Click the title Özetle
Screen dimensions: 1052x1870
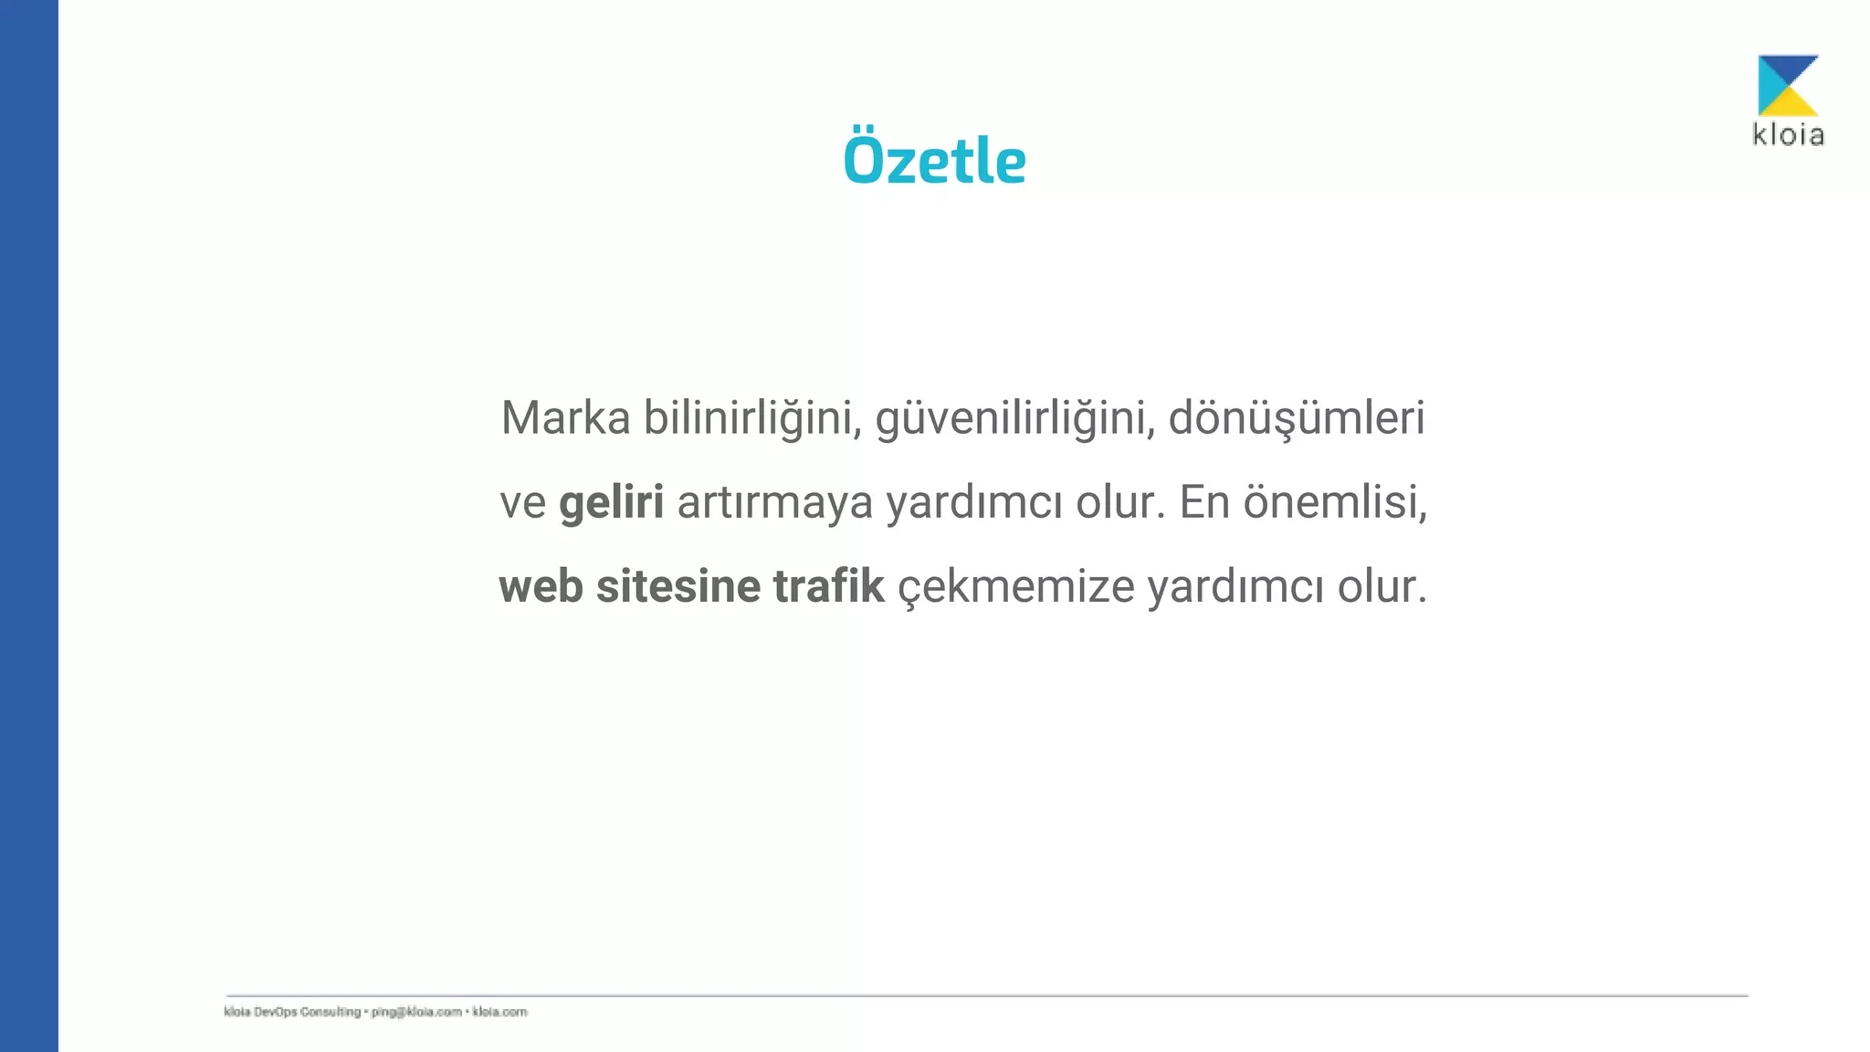pos(934,160)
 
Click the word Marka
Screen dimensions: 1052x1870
pos(565,418)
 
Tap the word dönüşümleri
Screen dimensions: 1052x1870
pos(1297,418)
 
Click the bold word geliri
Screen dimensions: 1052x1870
pos(611,502)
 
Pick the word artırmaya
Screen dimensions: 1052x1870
pos(774,502)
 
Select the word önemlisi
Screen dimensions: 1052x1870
pos(1335,502)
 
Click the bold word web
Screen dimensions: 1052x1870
pos(541,586)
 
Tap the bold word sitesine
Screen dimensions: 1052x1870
pos(678,586)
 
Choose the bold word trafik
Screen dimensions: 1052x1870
pos(828,586)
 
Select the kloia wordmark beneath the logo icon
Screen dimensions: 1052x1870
pos(1788,135)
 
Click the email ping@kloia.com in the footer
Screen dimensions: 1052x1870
pos(416,1012)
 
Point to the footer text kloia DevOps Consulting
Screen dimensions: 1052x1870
pos(292,1012)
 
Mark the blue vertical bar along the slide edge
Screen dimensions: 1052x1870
pos(28,526)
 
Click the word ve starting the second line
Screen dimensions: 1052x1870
pos(522,503)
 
